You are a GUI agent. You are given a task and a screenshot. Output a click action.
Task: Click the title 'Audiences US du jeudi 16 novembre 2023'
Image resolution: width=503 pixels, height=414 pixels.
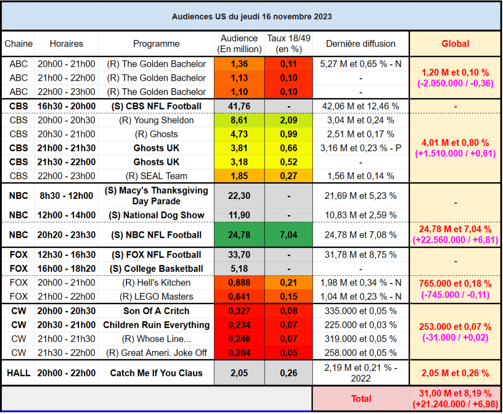(252, 16)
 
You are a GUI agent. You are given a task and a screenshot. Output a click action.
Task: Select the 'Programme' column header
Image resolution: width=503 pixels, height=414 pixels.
(156, 44)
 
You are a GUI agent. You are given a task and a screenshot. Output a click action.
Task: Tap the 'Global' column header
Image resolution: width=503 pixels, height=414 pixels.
(455, 44)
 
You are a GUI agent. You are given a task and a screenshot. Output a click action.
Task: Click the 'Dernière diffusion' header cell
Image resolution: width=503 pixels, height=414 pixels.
(360, 44)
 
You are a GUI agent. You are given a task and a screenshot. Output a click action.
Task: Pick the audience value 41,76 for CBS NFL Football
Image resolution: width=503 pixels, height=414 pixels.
(239, 106)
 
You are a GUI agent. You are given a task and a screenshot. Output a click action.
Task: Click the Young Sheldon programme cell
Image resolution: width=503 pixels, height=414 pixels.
(156, 120)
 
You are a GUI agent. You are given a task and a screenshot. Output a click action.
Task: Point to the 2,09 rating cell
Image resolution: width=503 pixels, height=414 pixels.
(289, 120)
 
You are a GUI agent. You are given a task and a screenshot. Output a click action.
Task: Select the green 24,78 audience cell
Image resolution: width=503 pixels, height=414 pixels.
(239, 235)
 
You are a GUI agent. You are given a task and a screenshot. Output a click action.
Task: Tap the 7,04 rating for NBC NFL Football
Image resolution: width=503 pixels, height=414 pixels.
(289, 235)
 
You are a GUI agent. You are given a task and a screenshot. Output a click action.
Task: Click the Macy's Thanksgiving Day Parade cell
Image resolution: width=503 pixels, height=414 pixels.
(156, 195)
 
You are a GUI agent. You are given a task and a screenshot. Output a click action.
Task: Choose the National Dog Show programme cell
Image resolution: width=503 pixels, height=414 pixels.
(156, 215)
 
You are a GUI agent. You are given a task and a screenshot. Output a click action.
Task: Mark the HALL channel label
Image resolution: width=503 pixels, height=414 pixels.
(18, 373)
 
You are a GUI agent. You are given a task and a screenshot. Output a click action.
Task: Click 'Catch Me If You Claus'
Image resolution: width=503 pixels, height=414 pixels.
(156, 373)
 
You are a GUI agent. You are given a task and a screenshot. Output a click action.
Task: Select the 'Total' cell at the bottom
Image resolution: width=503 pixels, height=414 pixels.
(360, 399)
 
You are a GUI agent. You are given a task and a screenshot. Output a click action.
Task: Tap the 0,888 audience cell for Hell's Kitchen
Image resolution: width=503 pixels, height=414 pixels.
(239, 283)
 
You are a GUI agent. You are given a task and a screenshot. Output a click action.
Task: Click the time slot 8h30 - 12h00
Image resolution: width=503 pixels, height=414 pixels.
(66, 195)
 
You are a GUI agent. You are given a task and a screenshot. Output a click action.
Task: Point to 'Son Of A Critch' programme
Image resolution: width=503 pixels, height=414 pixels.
(156, 311)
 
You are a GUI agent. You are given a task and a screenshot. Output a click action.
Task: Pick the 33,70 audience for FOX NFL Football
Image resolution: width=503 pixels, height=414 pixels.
(239, 255)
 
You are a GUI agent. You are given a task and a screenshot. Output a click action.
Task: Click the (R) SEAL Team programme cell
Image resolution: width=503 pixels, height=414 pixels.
(156, 176)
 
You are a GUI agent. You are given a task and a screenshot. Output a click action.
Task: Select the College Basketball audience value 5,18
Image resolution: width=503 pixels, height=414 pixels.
(239, 268)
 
